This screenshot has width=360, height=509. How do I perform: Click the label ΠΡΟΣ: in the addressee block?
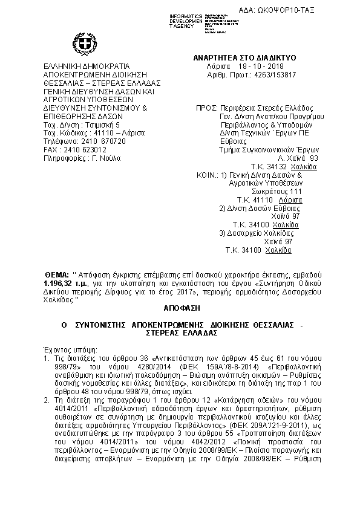[206, 107]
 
